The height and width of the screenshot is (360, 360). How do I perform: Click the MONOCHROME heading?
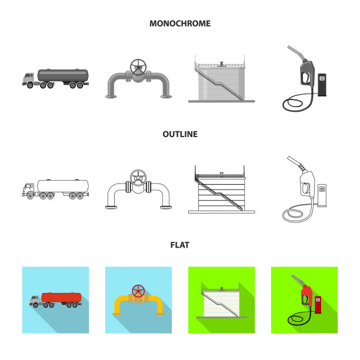coord(180,24)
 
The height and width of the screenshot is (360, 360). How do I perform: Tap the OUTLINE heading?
coord(180,134)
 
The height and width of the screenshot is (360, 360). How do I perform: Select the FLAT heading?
coord(180,245)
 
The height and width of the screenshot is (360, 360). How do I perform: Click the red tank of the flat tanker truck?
coord(61,298)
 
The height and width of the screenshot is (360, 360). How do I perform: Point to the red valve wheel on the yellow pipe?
coord(138,291)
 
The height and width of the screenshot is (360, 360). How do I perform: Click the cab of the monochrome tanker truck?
coord(28,78)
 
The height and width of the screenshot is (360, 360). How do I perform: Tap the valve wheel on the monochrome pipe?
coord(138,67)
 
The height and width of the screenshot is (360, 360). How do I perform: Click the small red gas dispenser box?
coord(318,305)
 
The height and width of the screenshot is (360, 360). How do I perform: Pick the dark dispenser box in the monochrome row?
coord(322,85)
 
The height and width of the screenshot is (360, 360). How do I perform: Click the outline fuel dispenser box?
coord(322,195)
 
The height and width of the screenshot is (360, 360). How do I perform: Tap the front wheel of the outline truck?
coord(31,196)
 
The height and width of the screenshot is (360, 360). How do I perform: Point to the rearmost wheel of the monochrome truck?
coord(80,85)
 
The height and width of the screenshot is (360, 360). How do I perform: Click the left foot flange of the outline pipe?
coord(111,207)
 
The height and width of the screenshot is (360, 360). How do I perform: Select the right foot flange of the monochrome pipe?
coord(166,96)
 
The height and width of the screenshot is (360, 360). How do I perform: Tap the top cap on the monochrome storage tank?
coord(221,64)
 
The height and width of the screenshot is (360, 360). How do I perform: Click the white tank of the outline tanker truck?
coord(63,186)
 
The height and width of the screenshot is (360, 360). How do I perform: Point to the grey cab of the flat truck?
coord(35,299)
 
